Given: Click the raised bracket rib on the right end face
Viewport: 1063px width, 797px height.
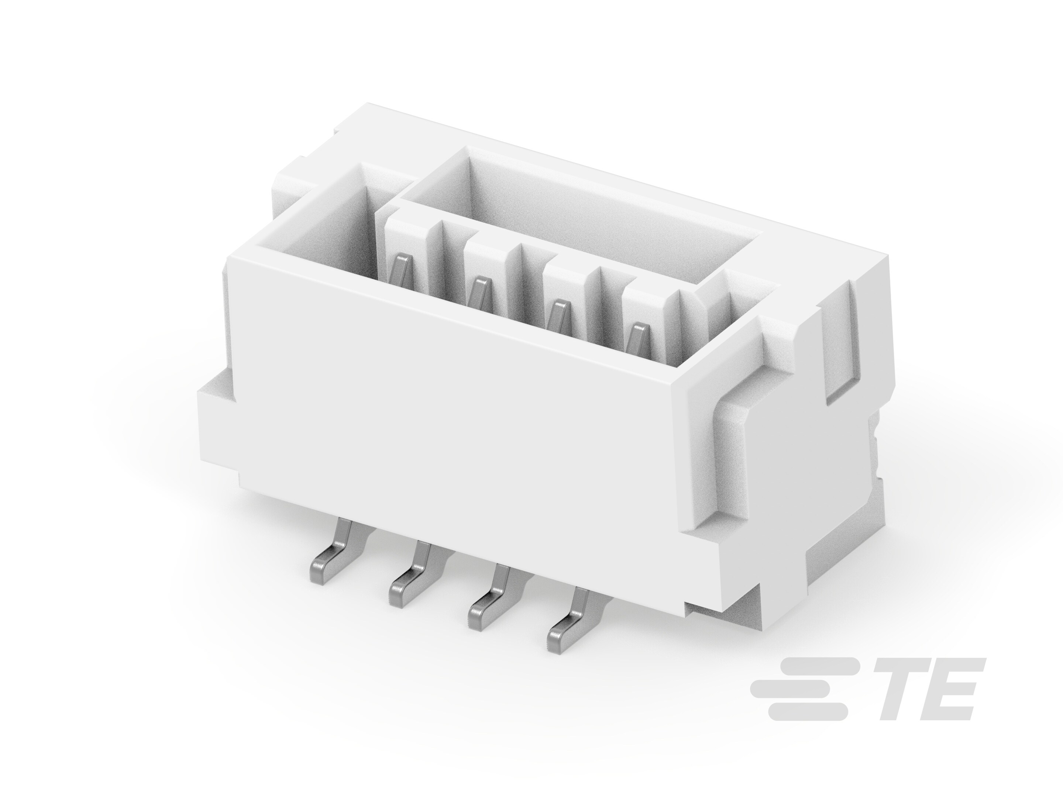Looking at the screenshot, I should (x=730, y=461).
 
